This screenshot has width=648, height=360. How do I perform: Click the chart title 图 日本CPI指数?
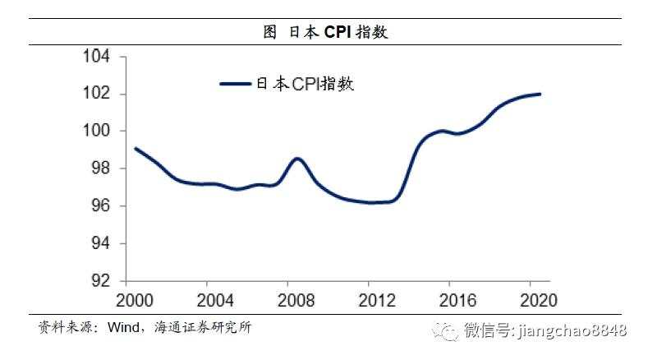(x=324, y=33)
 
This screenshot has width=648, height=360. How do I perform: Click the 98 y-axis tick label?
(x=101, y=168)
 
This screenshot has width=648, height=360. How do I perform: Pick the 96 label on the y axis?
(x=101, y=206)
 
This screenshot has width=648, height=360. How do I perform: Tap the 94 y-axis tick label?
(x=101, y=243)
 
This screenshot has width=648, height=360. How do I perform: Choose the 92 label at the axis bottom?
(x=101, y=281)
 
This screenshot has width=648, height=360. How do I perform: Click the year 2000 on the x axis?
(x=132, y=298)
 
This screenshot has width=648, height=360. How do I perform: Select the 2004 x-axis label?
(x=211, y=298)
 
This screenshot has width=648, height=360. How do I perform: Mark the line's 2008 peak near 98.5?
(x=297, y=158)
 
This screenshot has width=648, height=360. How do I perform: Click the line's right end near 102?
(x=540, y=94)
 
